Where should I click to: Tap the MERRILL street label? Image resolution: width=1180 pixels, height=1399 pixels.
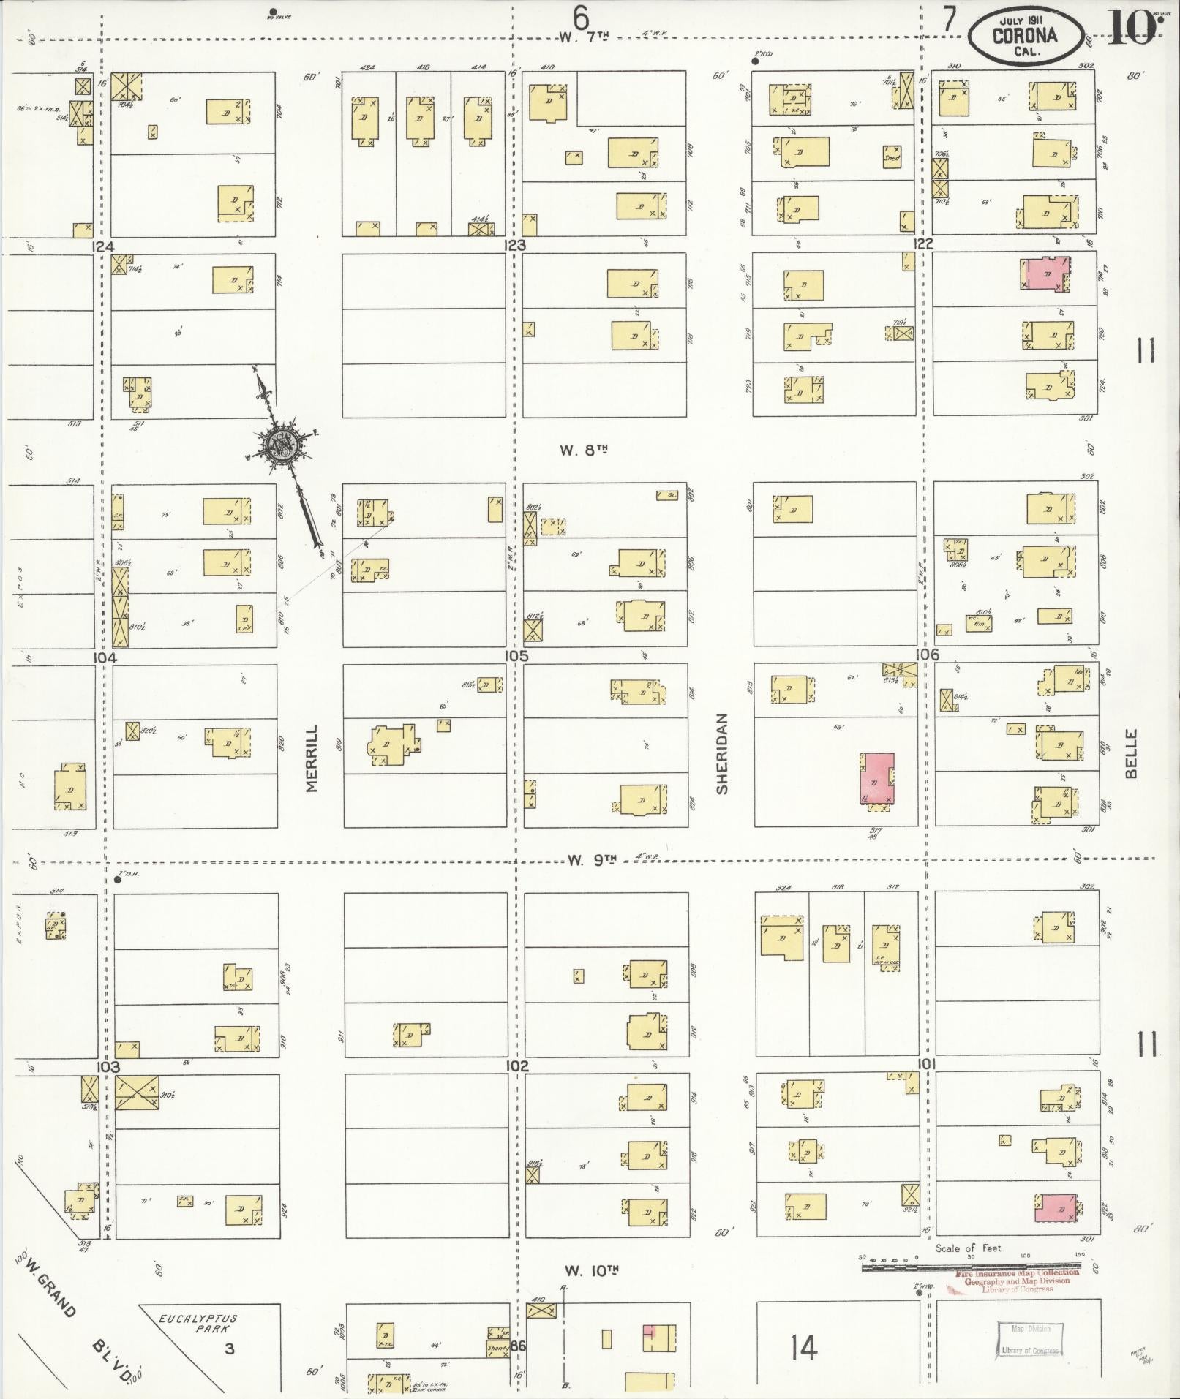click(x=312, y=758)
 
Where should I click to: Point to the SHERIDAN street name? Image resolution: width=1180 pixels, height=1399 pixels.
click(x=723, y=753)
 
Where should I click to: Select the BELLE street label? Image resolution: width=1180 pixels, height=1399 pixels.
click(x=1132, y=753)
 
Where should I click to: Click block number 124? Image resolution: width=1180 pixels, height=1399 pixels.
click(x=103, y=247)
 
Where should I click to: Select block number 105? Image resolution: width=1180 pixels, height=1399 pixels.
click(x=516, y=655)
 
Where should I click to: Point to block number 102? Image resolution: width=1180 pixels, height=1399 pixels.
click(x=516, y=1066)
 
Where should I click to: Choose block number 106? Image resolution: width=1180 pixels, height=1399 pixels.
click(x=926, y=655)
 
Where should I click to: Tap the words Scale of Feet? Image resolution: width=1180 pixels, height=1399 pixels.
click(x=968, y=1248)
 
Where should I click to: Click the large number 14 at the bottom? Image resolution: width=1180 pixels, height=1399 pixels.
click(x=803, y=1346)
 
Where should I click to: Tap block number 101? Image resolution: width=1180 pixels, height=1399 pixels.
click(x=925, y=1064)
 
